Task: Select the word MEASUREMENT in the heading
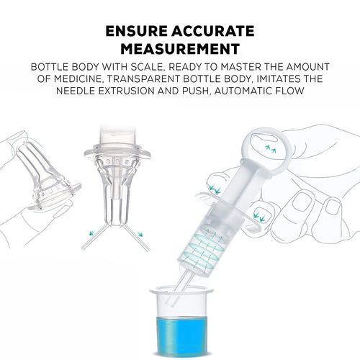click(179, 50)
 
